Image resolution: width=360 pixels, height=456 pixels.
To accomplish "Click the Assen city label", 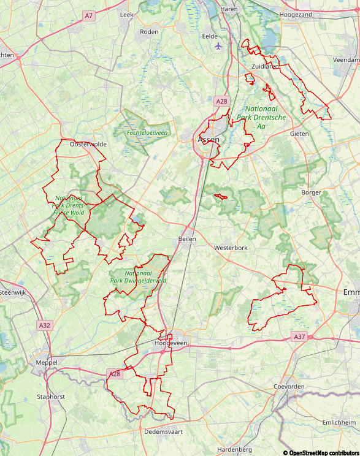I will coord(209,140).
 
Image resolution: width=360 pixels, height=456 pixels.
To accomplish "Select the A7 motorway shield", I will coord(89,15).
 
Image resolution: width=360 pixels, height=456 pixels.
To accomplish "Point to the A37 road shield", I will coord(299,336).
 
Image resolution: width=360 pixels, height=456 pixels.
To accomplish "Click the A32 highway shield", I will coord(44,325).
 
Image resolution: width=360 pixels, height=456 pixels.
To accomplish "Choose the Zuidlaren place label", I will coord(265,66).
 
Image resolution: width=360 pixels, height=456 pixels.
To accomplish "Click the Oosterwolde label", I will coord(88,144).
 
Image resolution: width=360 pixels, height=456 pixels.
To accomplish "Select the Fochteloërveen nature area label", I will coord(147,132).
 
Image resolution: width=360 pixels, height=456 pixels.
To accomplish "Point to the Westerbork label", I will coord(231,248).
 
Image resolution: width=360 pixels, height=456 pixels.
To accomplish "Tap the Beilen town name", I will coord(187,239).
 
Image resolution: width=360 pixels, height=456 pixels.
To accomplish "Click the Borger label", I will coord(311,192).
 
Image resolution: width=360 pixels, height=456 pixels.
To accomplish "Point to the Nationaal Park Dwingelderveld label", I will coord(137,277).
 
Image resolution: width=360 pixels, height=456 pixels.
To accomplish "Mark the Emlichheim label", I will coord(339,423).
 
